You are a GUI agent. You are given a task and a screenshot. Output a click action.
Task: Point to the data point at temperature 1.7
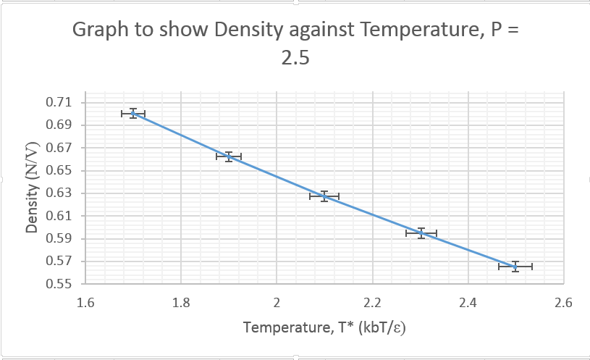coord(133,114)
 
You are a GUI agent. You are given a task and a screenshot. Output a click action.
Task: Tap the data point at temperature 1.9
coord(229,156)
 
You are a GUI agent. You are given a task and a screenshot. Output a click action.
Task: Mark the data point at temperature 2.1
coord(324,196)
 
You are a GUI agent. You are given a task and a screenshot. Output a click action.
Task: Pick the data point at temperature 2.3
coord(421,233)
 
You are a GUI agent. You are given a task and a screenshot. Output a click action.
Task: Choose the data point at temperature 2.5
coord(515,267)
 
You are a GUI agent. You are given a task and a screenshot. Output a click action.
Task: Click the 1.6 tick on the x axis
coord(85,303)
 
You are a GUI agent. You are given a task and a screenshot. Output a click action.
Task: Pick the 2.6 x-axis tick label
coord(563,303)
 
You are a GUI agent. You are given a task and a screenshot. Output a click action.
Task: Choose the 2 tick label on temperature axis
coord(277,303)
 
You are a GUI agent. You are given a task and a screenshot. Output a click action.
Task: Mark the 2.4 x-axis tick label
coord(468,303)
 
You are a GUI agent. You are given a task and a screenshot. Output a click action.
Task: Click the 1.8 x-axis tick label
coord(181,303)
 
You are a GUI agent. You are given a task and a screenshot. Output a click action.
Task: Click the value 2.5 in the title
coord(295,59)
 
